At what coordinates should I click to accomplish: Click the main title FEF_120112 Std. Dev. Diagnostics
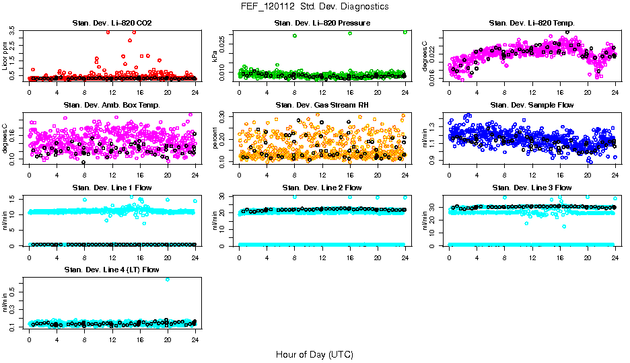314,7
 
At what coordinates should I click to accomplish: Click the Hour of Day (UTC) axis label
314,354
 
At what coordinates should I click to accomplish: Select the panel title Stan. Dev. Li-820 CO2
112,24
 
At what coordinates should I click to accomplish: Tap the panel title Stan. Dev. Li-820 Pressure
322,24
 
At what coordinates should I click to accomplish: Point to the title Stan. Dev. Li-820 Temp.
532,24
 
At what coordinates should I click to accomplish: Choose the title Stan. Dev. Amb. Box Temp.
112,106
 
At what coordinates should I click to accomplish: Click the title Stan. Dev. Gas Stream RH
322,106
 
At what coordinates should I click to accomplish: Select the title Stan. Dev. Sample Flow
532,106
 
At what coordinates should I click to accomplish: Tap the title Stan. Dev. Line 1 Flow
112,188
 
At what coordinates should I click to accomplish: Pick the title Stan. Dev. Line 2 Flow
322,188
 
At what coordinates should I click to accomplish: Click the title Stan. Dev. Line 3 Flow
532,188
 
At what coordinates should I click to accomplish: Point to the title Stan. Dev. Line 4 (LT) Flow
112,270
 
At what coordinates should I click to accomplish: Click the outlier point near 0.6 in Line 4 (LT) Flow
167,279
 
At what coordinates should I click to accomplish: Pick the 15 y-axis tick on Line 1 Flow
13,198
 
